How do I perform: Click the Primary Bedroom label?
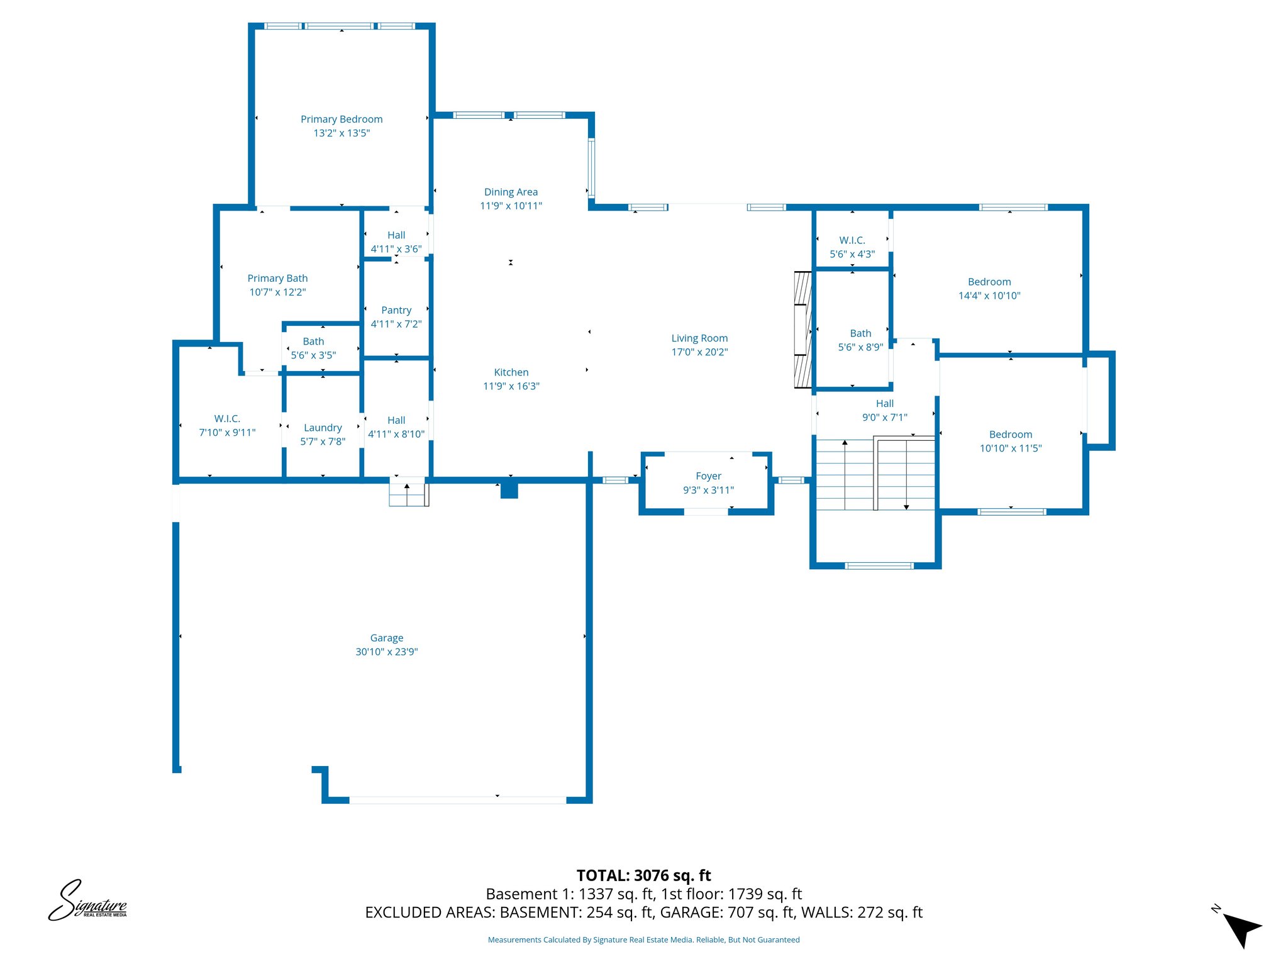(x=341, y=119)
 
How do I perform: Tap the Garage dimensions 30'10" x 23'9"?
(x=386, y=652)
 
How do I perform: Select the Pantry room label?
(x=396, y=310)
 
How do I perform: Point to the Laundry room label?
(x=323, y=428)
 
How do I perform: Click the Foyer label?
(x=708, y=476)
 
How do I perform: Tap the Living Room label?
(x=699, y=338)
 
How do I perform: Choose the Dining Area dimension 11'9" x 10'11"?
(x=511, y=206)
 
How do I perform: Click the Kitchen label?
(x=511, y=372)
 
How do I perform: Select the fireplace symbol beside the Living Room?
(x=802, y=330)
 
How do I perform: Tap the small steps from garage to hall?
(x=408, y=493)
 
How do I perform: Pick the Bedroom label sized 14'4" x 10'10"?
(x=989, y=282)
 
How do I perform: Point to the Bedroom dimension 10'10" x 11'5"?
(x=1010, y=448)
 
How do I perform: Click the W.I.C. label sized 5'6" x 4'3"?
(x=852, y=240)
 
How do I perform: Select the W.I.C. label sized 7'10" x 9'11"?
(x=227, y=419)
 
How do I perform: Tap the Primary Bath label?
(x=277, y=278)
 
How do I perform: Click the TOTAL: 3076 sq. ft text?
(x=643, y=875)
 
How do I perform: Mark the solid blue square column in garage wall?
(x=509, y=490)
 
